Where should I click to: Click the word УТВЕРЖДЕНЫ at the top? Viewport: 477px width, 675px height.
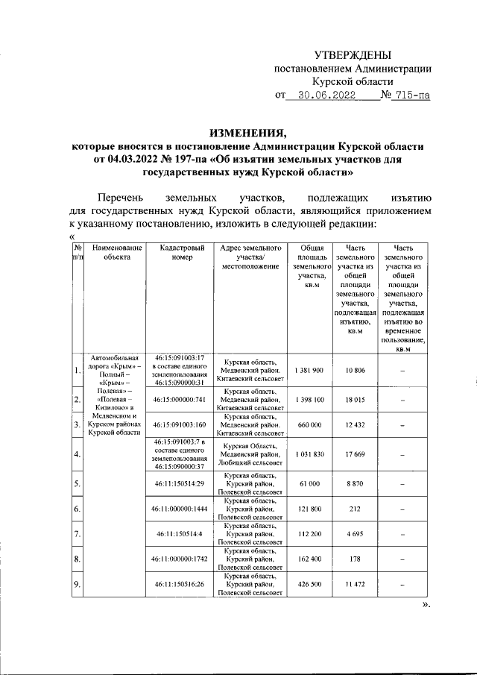[x=353, y=54]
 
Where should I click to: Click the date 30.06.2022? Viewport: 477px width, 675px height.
[x=326, y=95]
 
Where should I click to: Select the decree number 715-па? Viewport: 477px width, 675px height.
[x=412, y=95]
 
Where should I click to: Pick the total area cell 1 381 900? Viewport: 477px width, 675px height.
[x=309, y=371]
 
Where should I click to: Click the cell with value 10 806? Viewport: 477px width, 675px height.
[x=355, y=371]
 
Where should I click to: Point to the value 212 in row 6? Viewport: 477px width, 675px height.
[x=355, y=509]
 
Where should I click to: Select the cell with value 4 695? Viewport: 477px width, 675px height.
[x=355, y=534]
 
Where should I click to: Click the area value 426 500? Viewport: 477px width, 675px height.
[x=309, y=584]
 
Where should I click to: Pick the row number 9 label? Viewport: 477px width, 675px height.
[x=78, y=584]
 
